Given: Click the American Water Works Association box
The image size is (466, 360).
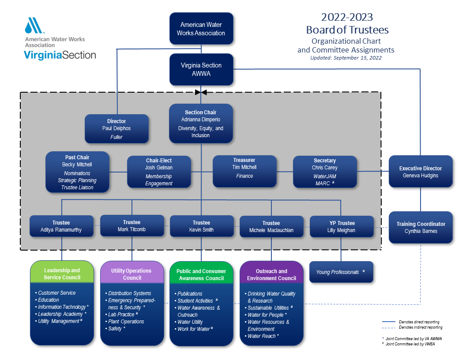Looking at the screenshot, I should click(201, 29).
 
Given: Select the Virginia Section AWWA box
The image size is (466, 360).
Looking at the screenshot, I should click(201, 69).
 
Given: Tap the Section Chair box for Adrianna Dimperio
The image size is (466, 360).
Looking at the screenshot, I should click(201, 124).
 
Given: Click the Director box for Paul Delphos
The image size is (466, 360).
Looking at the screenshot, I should click(116, 128).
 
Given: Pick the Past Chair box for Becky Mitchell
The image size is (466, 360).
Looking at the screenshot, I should click(77, 172).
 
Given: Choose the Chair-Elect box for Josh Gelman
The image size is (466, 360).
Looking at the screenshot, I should click(159, 172).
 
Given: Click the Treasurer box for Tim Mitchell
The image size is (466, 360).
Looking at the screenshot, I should click(244, 171).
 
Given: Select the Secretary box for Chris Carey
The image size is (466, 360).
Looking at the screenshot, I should click(325, 172).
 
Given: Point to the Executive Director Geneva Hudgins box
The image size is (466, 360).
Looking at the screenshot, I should click(421, 171).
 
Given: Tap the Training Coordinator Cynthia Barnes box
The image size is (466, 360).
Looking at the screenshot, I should click(421, 227).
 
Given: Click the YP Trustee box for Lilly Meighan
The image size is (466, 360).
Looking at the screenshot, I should click(342, 226).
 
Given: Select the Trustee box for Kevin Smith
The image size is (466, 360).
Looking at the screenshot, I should click(201, 226).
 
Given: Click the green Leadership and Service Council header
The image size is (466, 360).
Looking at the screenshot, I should click(62, 274).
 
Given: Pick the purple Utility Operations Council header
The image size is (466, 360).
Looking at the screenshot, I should click(132, 274).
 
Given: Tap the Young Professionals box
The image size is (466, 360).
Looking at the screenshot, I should click(341, 272).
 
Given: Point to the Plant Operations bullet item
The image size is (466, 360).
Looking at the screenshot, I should click(126, 322).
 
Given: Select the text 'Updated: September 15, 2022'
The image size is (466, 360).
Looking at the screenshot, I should click(346, 58).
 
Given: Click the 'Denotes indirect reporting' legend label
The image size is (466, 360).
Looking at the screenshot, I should click(420, 327).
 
